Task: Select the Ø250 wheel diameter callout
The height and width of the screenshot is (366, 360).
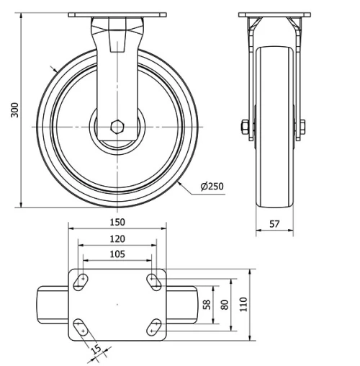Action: (x=212, y=186)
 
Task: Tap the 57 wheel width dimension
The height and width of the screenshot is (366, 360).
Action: (x=275, y=224)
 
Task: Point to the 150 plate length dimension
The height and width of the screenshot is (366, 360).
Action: (x=118, y=222)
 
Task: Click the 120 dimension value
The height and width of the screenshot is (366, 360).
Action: (x=118, y=238)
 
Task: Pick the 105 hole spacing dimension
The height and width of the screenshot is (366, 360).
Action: (x=118, y=254)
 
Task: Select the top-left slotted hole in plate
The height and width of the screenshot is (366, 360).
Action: (x=82, y=281)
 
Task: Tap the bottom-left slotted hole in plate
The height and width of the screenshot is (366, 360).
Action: (x=82, y=327)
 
